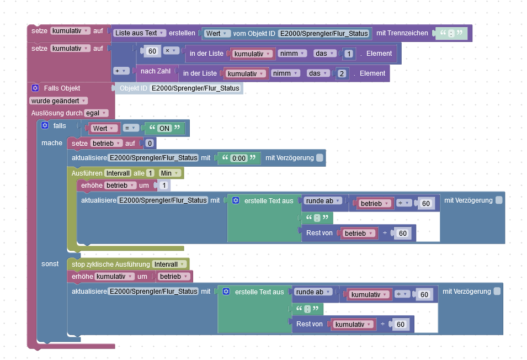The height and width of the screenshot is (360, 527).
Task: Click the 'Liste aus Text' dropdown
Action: tap(139, 33)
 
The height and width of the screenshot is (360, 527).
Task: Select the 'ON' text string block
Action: tap(164, 128)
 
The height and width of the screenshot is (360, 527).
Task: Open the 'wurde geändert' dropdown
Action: tap(58, 100)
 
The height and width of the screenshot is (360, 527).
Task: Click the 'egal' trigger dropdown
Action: tap(95, 113)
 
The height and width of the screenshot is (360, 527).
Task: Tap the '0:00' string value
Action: tap(238, 158)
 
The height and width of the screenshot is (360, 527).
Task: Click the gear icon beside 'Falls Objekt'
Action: tap(35, 88)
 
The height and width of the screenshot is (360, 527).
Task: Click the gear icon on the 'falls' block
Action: tap(45, 126)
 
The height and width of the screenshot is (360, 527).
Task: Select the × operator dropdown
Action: tap(171, 51)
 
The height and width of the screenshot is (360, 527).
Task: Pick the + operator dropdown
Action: tap(121, 71)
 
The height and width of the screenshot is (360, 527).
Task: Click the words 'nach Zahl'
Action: tap(155, 71)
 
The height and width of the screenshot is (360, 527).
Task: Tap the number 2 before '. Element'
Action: tap(341, 73)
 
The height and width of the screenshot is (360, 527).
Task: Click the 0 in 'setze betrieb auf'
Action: tap(148, 144)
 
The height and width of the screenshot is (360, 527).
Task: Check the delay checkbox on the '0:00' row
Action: tap(320, 158)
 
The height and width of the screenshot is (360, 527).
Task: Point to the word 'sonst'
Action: tap(50, 264)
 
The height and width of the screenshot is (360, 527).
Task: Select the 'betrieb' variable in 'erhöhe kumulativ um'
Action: tap(174, 276)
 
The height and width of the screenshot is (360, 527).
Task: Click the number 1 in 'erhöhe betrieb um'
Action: tap(164, 185)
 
